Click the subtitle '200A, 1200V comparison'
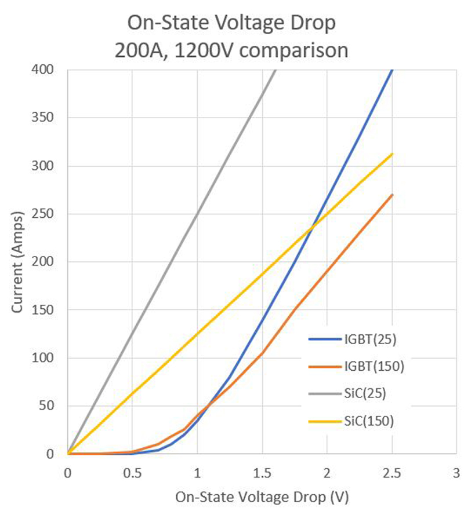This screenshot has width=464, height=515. tap(232, 51)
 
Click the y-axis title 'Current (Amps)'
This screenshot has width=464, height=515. tap(18, 262)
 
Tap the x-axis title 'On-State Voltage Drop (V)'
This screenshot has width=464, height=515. tap(262, 497)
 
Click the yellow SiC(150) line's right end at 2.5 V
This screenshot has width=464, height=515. tap(392, 154)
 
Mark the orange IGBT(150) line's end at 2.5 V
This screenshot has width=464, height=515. tap(392, 195)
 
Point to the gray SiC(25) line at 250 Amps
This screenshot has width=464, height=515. tap(197, 214)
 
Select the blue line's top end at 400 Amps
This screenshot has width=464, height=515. tap(392, 70)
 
